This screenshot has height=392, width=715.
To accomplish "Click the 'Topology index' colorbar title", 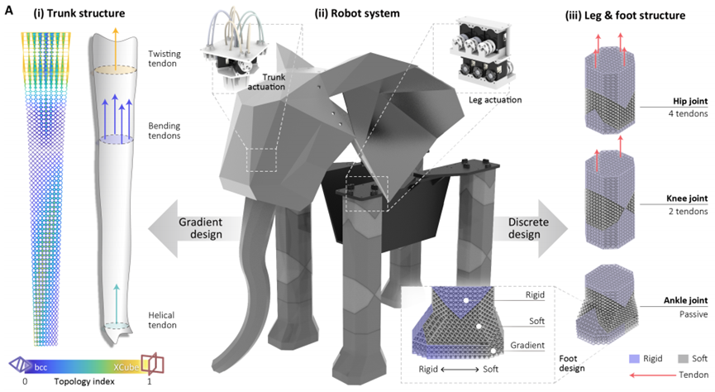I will point(77,384).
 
